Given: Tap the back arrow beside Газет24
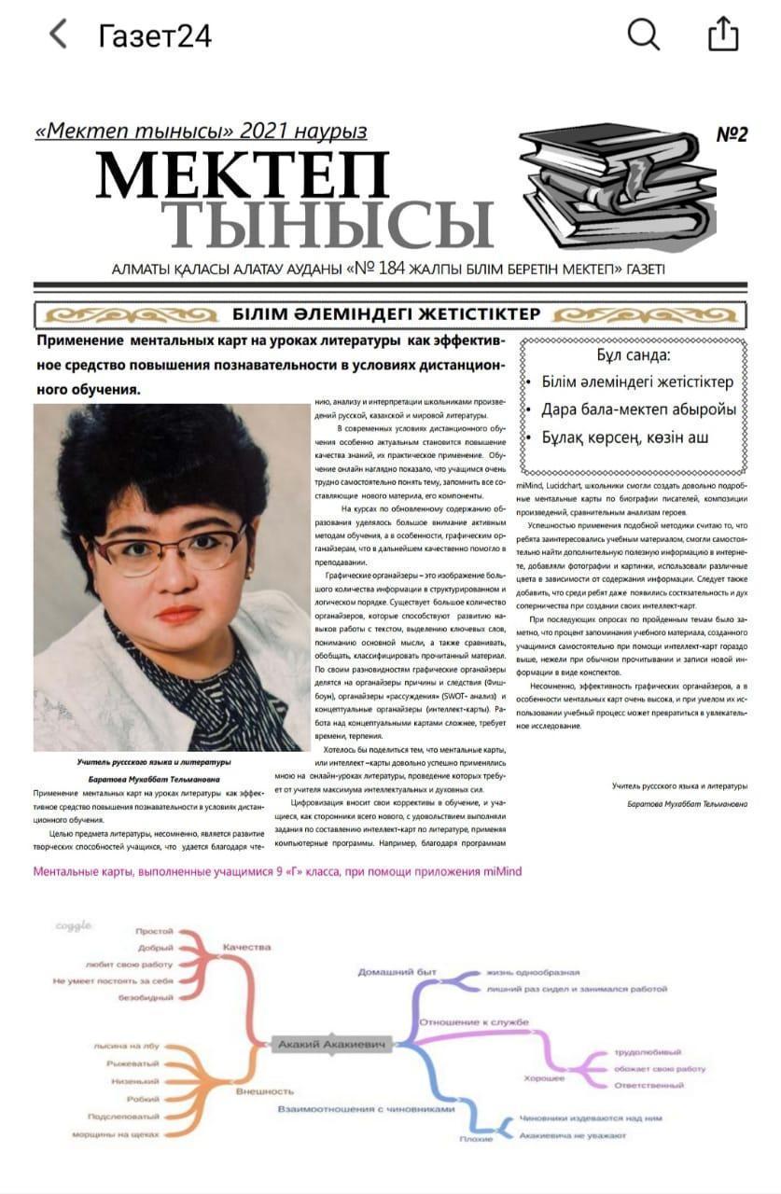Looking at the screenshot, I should [58, 35].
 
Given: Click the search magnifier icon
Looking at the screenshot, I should [643, 35].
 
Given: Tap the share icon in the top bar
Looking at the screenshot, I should [723, 35].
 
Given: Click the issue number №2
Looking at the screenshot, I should [732, 134].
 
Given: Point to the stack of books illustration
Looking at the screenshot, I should [616, 187].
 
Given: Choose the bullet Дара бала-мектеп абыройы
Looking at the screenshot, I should [638, 410].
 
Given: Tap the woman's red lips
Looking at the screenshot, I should [179, 614].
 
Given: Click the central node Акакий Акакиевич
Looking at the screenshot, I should [331, 1045].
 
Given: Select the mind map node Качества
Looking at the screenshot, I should [246, 947].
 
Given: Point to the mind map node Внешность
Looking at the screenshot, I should [265, 1090].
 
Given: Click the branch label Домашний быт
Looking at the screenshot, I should [397, 972].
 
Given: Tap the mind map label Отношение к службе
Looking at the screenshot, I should [473, 1022].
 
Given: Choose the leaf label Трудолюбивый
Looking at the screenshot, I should [648, 1052].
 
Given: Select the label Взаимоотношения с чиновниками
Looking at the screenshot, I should [366, 1109].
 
